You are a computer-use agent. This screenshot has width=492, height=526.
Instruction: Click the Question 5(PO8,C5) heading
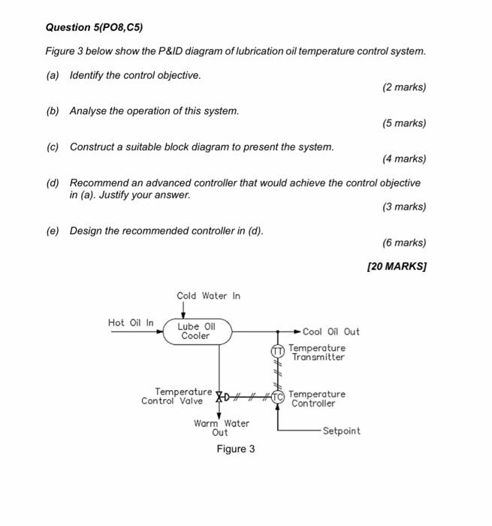tap(94, 28)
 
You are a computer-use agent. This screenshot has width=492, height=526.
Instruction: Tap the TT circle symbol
tap(277, 350)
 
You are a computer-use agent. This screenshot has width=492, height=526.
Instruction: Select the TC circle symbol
tap(278, 395)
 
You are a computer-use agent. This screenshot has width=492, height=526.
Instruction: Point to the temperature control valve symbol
tap(220, 396)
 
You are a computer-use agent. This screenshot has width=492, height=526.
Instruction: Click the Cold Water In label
tap(208, 296)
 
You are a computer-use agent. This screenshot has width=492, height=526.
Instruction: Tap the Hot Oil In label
tap(131, 323)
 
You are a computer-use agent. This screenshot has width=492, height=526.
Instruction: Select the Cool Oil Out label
tap(331, 331)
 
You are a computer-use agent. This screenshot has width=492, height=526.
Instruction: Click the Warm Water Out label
tap(221, 428)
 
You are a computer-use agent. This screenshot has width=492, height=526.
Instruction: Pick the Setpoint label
tap(341, 431)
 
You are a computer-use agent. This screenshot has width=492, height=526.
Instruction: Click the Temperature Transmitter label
tap(317, 352)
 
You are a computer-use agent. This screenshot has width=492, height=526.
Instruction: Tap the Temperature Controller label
tap(317, 398)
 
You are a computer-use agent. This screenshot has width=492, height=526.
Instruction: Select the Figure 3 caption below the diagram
tap(235, 449)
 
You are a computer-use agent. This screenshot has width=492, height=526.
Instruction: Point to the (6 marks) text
tap(403, 243)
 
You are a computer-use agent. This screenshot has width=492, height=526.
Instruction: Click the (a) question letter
tap(53, 76)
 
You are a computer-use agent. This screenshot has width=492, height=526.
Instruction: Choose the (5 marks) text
tap(403, 123)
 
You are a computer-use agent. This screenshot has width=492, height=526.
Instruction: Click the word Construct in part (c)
tap(92, 147)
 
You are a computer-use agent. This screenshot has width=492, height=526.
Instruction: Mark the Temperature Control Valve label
tap(177, 396)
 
